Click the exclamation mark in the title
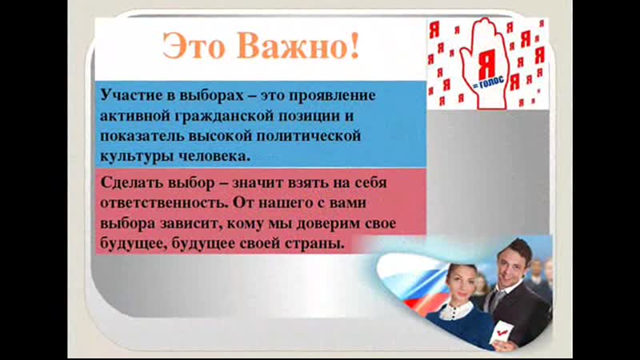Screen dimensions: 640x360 [354, 46]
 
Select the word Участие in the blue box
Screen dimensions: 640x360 [130, 95]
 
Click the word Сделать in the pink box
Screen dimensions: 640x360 [131, 182]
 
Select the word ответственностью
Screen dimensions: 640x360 [164, 203]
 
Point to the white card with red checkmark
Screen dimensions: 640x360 [499, 334]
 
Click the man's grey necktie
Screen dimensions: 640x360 [497, 298]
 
